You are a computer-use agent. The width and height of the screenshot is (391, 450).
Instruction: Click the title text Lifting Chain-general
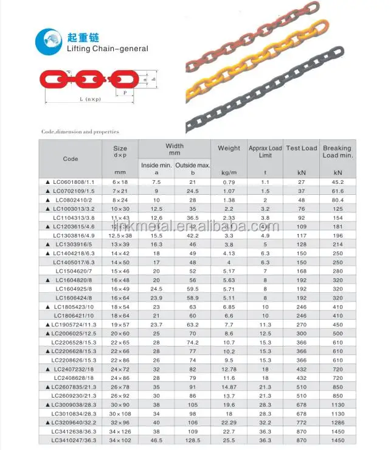108,49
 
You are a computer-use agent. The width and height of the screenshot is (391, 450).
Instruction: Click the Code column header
71,159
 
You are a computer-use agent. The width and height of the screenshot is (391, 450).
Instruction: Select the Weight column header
229,148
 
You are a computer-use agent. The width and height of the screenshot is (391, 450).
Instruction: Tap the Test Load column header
302,148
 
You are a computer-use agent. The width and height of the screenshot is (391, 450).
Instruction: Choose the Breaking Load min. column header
337,152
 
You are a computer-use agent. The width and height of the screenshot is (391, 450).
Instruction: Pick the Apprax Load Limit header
265,152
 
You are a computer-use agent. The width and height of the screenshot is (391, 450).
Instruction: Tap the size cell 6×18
120,182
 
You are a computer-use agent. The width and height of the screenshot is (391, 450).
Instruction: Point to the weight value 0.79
229,182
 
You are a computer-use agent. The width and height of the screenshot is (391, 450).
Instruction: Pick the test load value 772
301,422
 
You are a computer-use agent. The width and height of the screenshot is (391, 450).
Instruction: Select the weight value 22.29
229,422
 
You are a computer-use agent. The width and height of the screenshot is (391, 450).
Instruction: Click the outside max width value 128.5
192,440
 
